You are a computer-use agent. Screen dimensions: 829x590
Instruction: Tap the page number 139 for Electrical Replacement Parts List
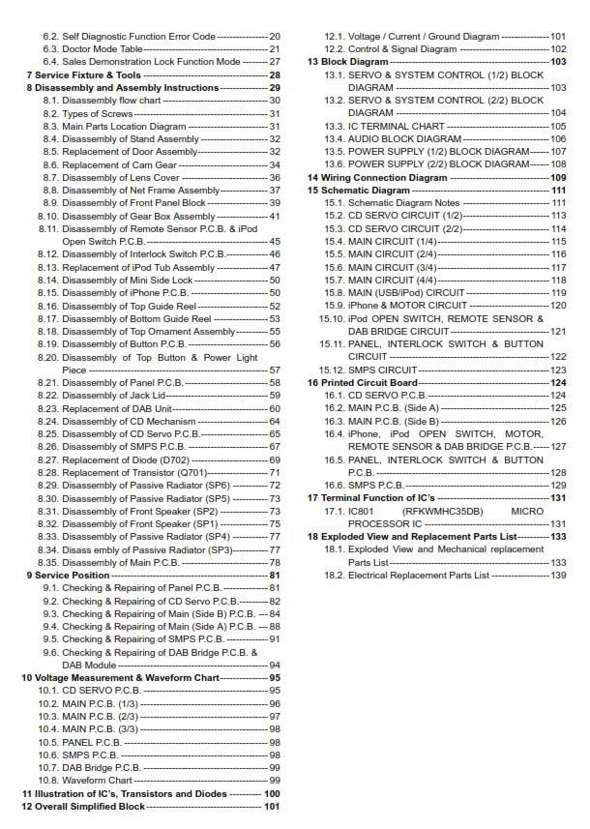pyautogui.click(x=558, y=576)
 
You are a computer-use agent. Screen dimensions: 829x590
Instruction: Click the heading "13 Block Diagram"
pyautogui.click(x=348, y=62)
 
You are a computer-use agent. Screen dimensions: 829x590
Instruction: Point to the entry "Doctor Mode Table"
pyautogui.click(x=103, y=48)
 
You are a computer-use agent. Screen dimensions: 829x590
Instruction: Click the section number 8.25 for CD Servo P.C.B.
pyautogui.click(x=48, y=434)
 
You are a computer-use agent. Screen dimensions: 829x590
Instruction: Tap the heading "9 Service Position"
pyautogui.click(x=60, y=575)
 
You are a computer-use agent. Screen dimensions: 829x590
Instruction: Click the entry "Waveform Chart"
pyautogui.click(x=97, y=780)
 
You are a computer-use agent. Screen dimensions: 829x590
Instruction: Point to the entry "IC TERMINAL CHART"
pyautogui.click(x=397, y=126)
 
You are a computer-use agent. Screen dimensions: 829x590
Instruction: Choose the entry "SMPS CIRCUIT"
pyautogui.click(x=383, y=370)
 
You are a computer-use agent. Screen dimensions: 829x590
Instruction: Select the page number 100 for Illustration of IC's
pyautogui.click(x=272, y=793)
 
